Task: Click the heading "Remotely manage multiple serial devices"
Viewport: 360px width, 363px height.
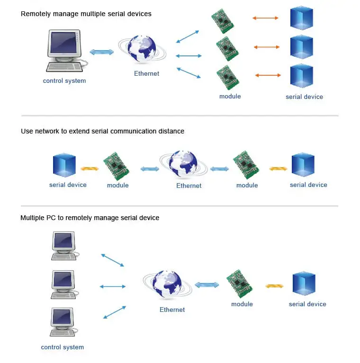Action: point(86,14)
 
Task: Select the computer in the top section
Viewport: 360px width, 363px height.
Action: point(65,50)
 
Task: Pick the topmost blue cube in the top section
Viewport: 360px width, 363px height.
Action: point(301,18)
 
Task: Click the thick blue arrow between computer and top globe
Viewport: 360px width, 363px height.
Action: point(102,52)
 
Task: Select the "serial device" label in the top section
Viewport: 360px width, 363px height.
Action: point(304,97)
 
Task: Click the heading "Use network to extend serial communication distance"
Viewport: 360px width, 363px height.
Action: point(102,131)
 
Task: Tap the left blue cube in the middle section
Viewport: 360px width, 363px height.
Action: point(64,165)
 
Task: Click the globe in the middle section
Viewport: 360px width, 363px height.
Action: point(184,165)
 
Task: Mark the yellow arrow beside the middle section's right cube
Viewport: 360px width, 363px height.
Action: point(278,168)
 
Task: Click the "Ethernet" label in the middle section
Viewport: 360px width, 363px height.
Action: point(189,186)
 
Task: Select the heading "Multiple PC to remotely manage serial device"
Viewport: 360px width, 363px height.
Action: point(90,218)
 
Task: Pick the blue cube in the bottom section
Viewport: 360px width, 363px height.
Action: point(304,284)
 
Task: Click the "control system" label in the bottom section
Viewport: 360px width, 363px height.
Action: point(63,347)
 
